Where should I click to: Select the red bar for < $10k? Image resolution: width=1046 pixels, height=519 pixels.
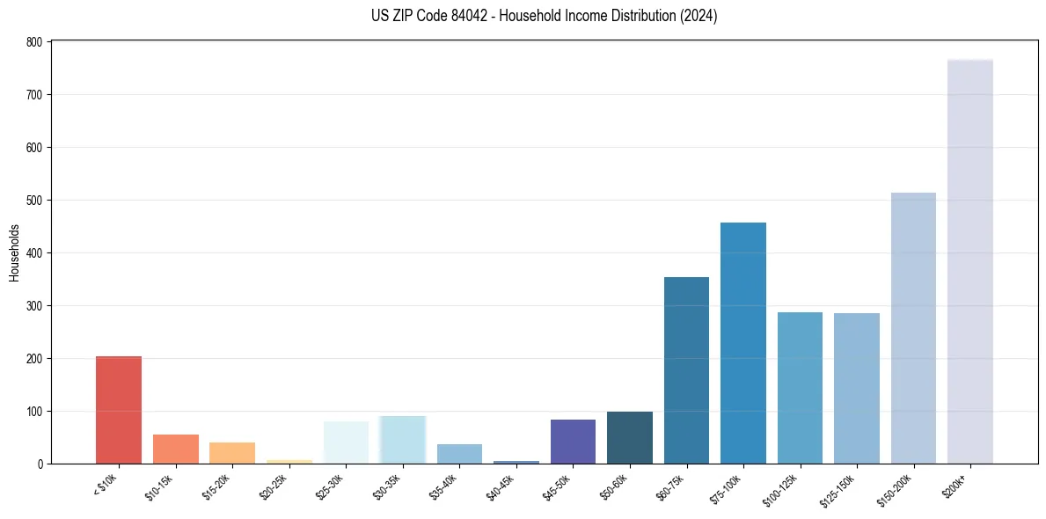[x=119, y=410]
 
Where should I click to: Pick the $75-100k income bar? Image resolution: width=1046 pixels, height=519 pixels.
[x=742, y=343]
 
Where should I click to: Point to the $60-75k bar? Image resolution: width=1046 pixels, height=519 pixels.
[x=686, y=370]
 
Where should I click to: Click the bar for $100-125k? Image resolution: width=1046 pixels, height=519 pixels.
[x=800, y=388]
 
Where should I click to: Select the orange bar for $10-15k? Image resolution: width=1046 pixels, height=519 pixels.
[x=175, y=449]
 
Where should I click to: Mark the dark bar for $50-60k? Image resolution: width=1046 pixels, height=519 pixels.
[x=629, y=437]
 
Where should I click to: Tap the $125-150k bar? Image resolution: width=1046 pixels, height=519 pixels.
[x=856, y=388]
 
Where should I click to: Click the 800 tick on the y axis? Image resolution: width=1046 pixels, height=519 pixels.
[x=34, y=42]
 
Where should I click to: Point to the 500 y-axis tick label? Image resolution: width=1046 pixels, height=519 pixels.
[x=34, y=201]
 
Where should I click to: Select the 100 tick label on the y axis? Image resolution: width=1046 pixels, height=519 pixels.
[x=34, y=412]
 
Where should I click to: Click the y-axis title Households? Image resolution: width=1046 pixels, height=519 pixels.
[x=14, y=252]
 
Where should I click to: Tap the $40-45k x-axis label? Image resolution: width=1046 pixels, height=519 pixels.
[x=501, y=486]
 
